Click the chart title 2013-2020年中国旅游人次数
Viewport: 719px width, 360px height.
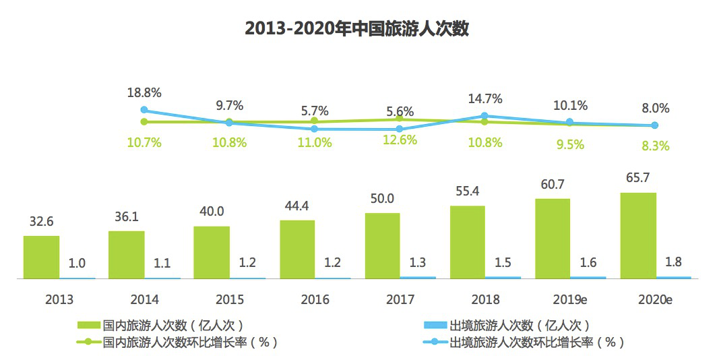tap(356, 29)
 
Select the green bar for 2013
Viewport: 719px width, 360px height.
tap(41, 257)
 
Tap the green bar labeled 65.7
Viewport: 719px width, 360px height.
tap(638, 235)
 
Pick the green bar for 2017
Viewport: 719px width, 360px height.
tap(382, 245)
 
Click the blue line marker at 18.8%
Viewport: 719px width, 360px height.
tap(144, 110)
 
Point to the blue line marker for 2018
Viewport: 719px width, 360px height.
tap(484, 116)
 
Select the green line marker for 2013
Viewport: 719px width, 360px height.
tap(144, 121)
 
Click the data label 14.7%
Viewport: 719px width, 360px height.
tap(485, 99)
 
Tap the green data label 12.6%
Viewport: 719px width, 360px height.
tap(400, 140)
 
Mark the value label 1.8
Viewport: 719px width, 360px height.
tap(673, 262)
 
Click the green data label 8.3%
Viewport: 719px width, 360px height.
tap(656, 145)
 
